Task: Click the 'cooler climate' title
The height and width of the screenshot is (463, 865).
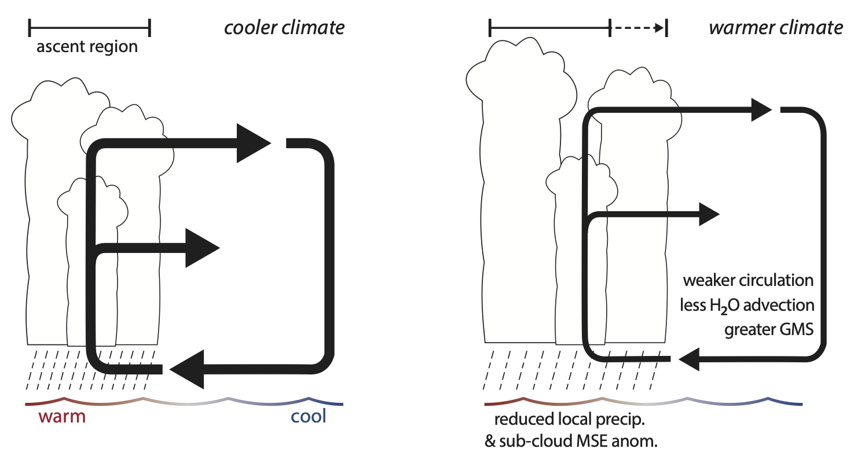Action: coord(284,27)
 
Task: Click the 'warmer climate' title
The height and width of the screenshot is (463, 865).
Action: coord(776,27)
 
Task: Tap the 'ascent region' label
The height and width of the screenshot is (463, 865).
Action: coord(87,46)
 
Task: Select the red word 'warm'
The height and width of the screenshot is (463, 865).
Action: coord(62,416)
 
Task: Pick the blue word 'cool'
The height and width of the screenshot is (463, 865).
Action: coord(309,416)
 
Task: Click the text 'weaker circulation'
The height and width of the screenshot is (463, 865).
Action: coord(748,281)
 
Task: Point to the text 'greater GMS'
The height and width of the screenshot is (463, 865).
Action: coord(769,329)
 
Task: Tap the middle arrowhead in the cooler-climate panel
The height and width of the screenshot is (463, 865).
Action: coord(201,248)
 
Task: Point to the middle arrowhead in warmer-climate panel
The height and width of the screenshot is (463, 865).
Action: coord(708,214)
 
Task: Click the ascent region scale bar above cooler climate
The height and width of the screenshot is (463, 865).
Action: coord(89,27)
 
